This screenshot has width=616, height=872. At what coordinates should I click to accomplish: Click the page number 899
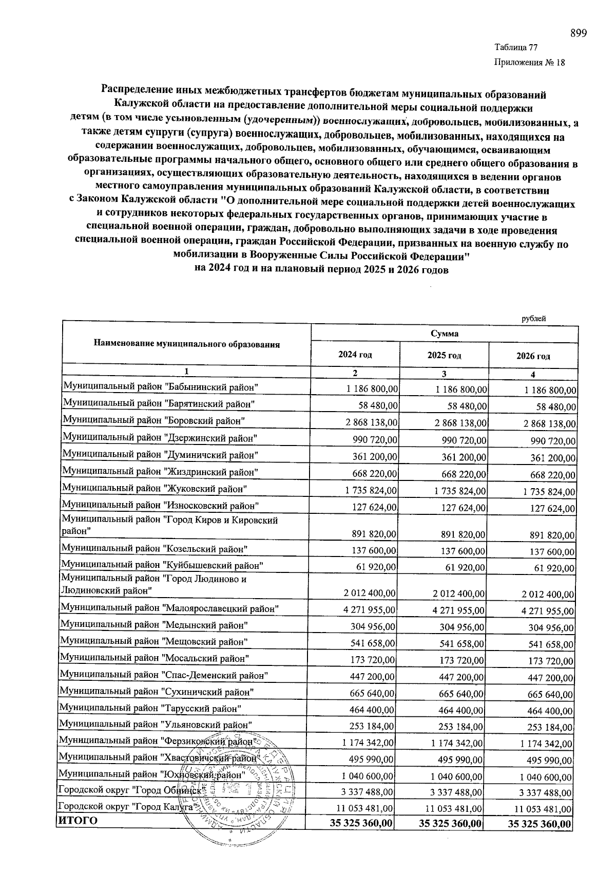click(x=578, y=33)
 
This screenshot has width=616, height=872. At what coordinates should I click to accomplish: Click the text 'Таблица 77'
click(x=516, y=48)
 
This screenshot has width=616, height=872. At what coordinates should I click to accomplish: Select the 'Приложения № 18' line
click(x=529, y=63)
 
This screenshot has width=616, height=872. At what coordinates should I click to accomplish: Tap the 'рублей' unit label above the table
click(x=533, y=319)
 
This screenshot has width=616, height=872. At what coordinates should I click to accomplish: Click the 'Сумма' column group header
click(x=445, y=333)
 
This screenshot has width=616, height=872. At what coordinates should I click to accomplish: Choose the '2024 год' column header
click(x=355, y=355)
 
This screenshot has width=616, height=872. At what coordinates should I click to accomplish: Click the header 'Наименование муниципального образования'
click(x=187, y=344)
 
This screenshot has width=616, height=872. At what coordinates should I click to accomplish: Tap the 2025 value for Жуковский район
click(x=460, y=491)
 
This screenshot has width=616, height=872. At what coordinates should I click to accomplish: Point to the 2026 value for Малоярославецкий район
click(x=547, y=611)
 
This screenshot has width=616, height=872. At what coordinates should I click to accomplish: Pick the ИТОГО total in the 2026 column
click(x=539, y=824)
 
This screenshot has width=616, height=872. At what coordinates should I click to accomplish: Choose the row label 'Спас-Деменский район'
click(x=164, y=675)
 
